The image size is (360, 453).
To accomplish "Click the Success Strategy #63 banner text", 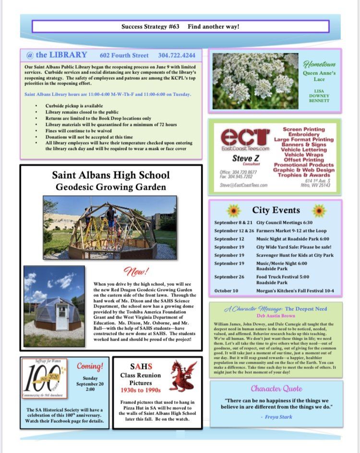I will coord(180,26).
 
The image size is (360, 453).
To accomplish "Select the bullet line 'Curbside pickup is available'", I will coord(73,106).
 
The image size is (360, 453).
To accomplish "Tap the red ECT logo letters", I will coord(245,138).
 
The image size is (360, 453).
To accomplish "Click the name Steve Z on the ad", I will coord(246,158).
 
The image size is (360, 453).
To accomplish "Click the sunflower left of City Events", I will coord(233,210).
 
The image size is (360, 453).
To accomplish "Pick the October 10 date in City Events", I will coord(227,291).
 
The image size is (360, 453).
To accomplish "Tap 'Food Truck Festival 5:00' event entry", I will coord(283,277).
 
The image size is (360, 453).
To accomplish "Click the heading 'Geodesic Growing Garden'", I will coord(111,187).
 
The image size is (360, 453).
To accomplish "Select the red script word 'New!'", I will coord(136,272).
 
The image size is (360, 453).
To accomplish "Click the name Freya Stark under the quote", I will coord(279,416).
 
